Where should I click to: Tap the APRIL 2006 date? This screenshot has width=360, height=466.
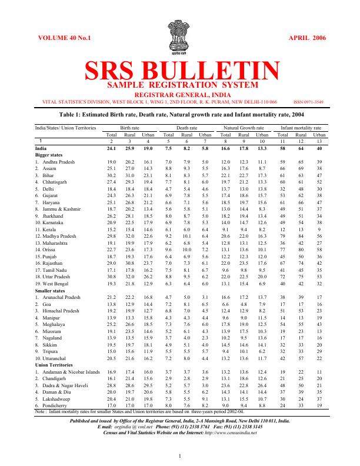[306, 38]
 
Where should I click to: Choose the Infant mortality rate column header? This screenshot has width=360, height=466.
[301, 127]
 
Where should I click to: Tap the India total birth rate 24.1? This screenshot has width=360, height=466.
[111, 149]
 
